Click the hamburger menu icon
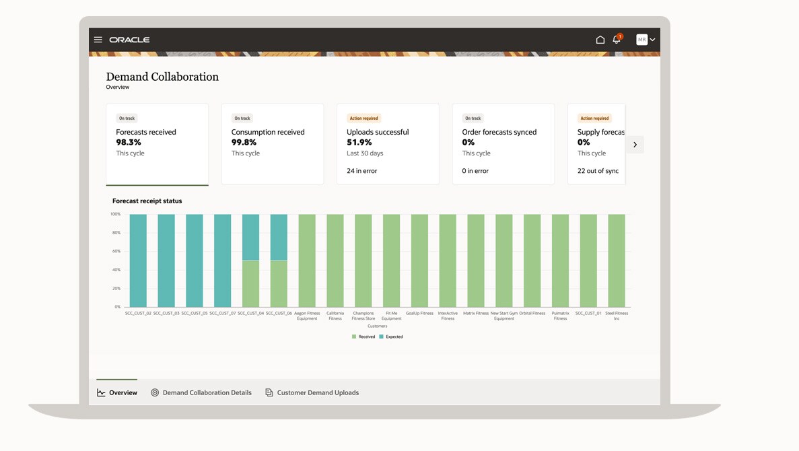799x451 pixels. click(x=98, y=40)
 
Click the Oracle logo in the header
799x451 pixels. click(x=129, y=40)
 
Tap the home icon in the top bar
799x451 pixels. click(x=600, y=40)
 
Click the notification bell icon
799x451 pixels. click(x=617, y=40)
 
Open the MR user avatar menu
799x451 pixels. click(x=646, y=40)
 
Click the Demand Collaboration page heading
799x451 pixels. click(x=162, y=77)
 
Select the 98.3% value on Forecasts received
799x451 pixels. click(x=129, y=142)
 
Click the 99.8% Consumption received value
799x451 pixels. click(x=244, y=142)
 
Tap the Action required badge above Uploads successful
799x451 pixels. click(x=363, y=118)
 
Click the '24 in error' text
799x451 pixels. click(x=361, y=171)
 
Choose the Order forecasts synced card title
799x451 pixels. click(x=499, y=132)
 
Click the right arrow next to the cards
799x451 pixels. click(x=635, y=145)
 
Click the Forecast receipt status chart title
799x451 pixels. click(x=147, y=201)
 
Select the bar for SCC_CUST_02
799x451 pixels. click(x=138, y=261)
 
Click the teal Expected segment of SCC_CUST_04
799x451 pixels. click(x=250, y=237)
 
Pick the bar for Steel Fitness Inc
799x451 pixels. click(x=616, y=261)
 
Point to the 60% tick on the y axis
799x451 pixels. click(x=116, y=251)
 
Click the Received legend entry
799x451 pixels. click(x=363, y=337)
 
